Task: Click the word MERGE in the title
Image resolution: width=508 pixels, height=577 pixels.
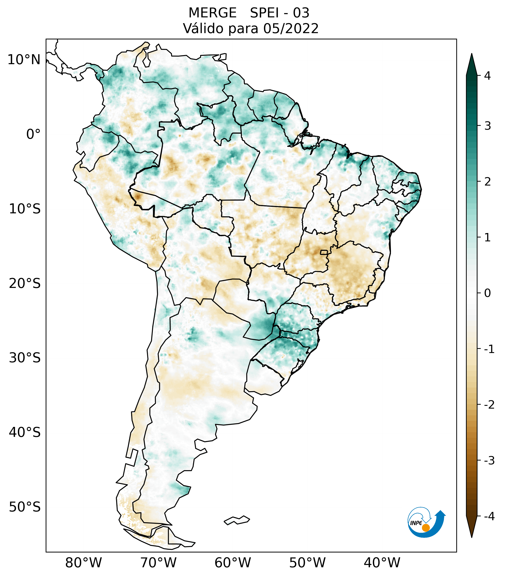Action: click(212, 13)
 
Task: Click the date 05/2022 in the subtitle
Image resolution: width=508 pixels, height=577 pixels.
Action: click(291, 28)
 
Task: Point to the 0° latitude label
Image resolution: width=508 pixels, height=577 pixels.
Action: click(33, 134)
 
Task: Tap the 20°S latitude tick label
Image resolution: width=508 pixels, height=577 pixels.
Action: click(25, 284)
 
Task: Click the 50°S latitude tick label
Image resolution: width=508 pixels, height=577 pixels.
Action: click(25, 507)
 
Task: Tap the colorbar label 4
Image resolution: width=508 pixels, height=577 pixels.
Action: click(487, 76)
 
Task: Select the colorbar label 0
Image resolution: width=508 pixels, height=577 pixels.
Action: click(487, 293)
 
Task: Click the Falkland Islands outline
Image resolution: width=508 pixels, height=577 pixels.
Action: click(237, 520)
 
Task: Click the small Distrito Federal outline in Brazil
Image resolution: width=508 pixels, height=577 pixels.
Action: click(324, 252)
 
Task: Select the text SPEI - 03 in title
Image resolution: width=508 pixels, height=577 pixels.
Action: click(280, 13)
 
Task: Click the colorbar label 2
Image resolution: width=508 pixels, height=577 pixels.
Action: click(487, 182)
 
